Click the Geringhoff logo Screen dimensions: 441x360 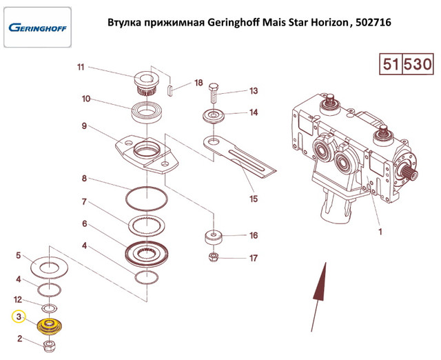[37, 28]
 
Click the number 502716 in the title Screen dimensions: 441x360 [373, 22]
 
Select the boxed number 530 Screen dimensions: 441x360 [418, 64]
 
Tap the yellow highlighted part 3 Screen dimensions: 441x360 [50, 326]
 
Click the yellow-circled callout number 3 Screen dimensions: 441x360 [19, 317]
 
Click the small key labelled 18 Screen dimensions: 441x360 [169, 90]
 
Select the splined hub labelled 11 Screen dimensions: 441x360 [146, 83]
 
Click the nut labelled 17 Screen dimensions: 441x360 [214, 257]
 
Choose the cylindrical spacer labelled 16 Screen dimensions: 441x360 [213, 237]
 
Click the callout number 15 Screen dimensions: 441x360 [254, 199]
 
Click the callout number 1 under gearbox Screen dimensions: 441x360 [380, 232]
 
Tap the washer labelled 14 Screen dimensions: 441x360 [214, 117]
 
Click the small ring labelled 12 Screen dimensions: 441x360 [50, 308]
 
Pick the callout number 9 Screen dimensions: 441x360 [84, 126]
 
